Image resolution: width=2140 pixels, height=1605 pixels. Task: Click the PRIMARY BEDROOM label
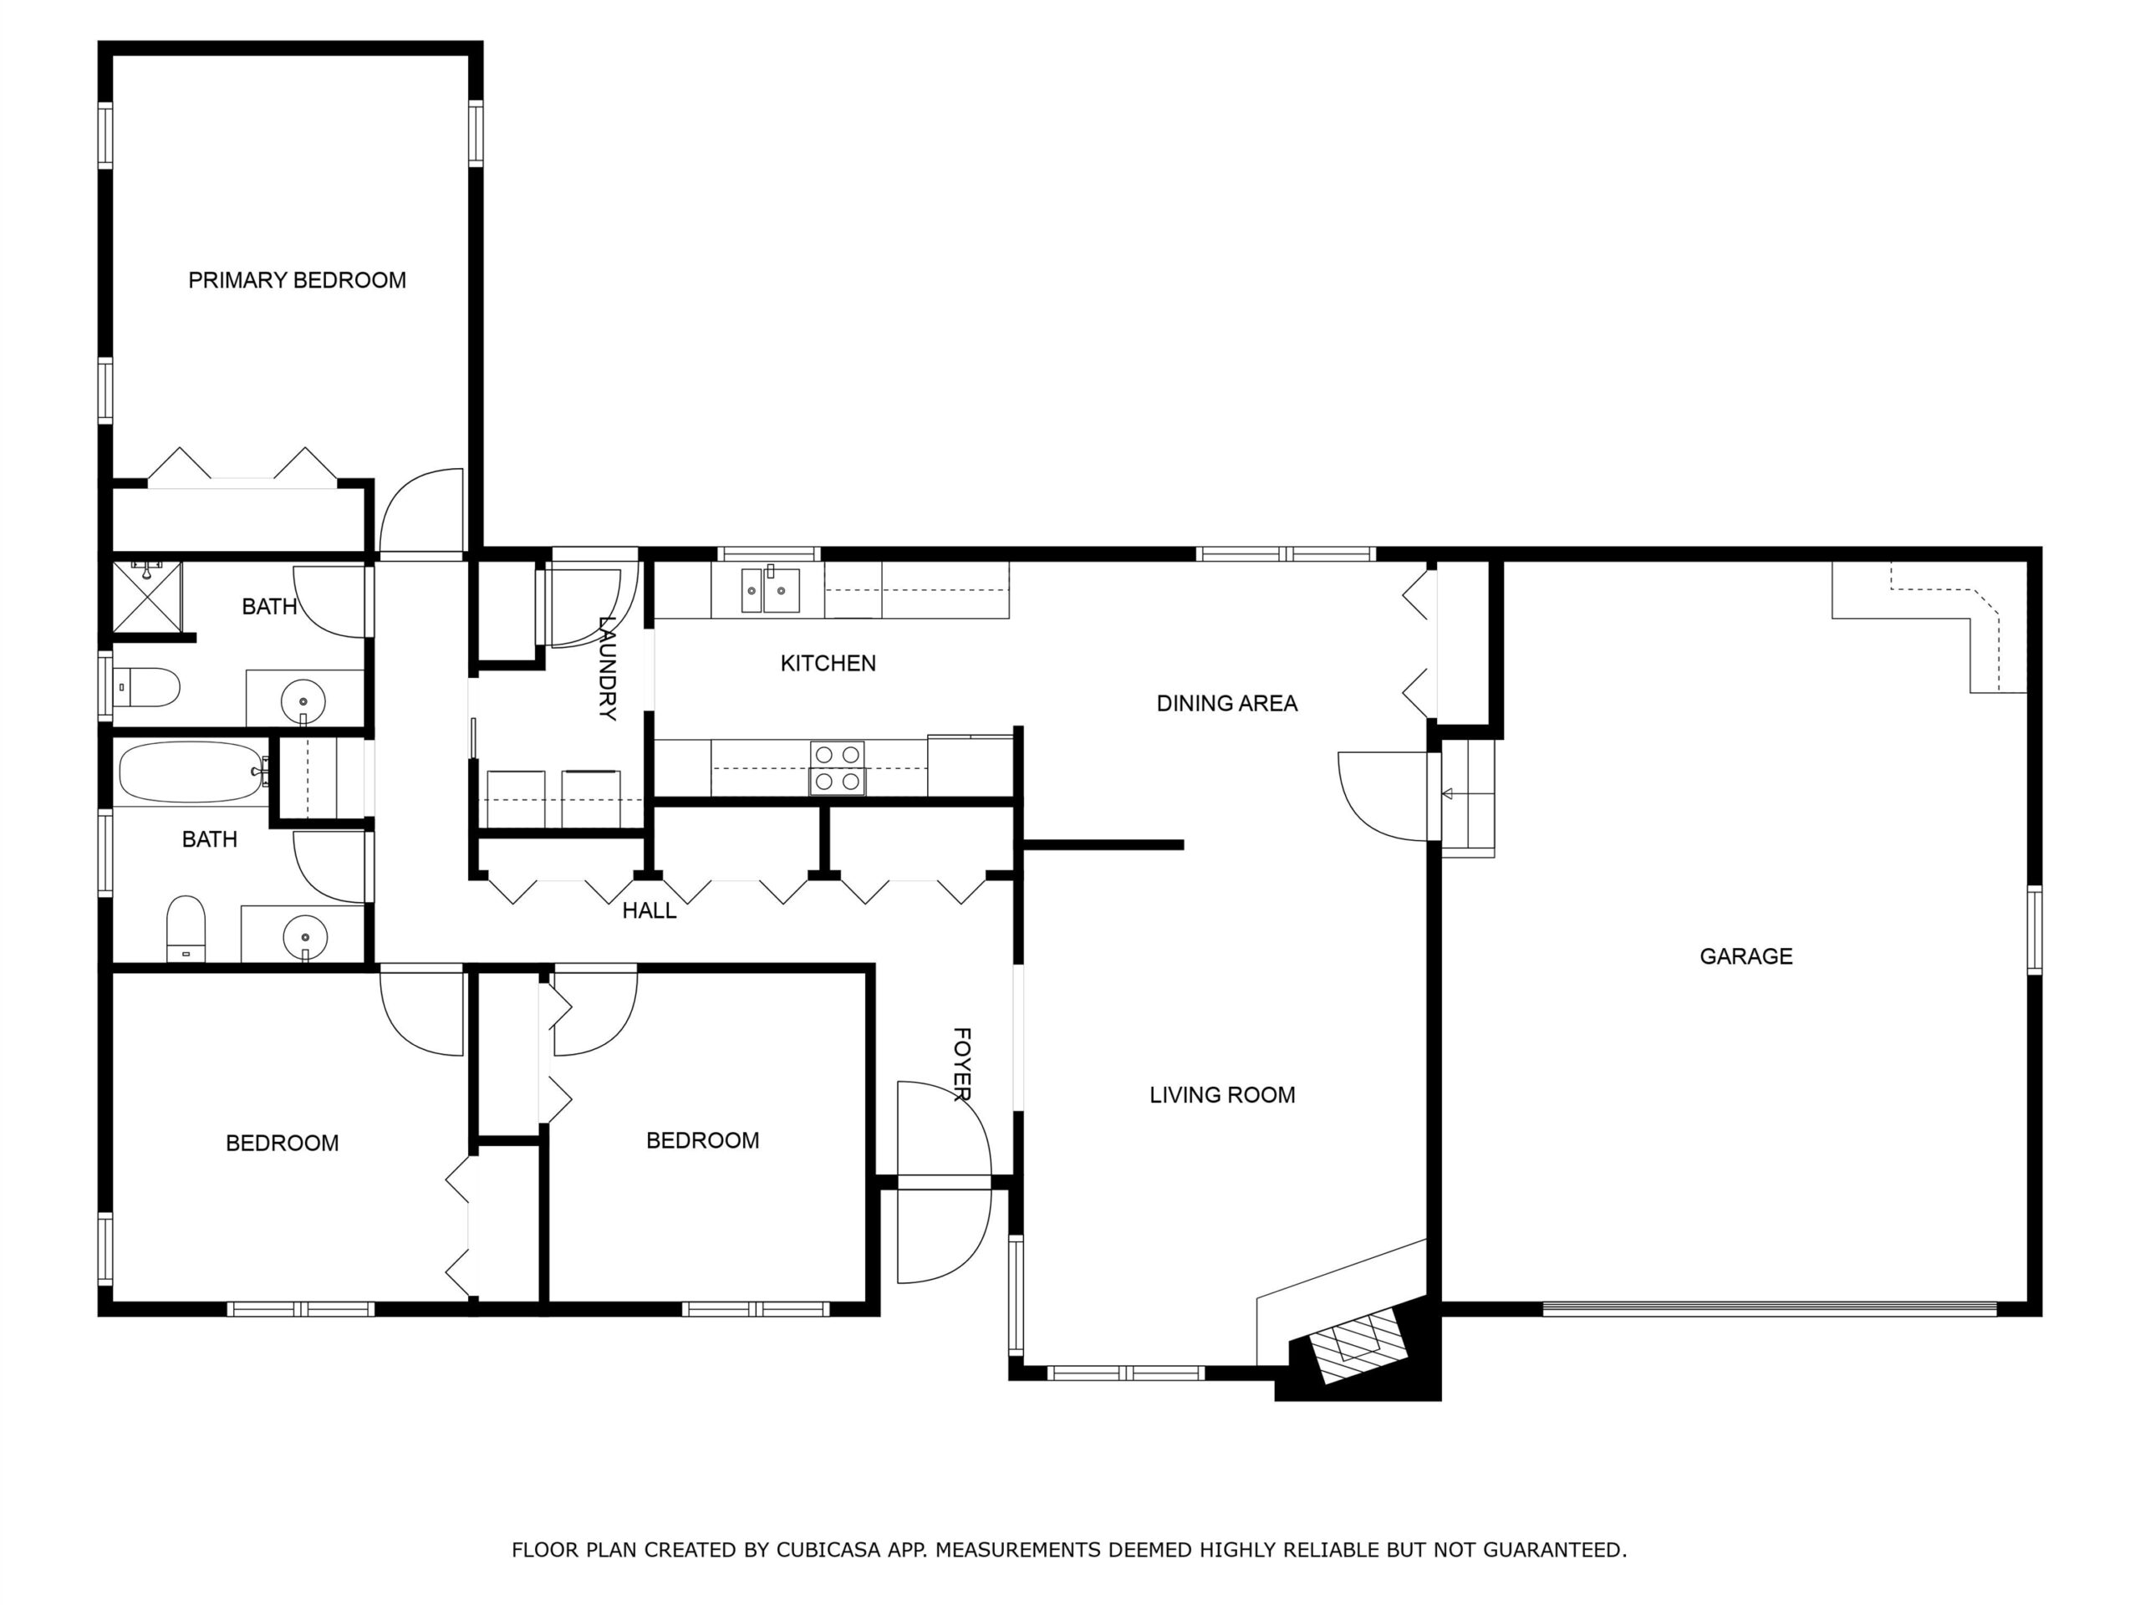tap(297, 281)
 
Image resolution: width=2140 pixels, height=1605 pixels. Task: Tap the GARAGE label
tap(1746, 957)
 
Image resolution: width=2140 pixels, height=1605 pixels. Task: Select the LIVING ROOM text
tap(1222, 1095)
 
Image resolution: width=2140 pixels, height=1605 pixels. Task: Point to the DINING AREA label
tap(1226, 703)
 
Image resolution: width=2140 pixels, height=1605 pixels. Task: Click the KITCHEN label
tap(828, 664)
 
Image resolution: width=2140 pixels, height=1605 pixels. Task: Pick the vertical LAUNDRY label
tap(608, 669)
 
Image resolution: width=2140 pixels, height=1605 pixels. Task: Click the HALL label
tap(650, 910)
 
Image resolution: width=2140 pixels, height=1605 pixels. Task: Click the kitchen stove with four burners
tap(837, 768)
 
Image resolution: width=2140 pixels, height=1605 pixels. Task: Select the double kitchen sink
tap(770, 589)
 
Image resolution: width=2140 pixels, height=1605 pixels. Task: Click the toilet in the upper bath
tap(147, 688)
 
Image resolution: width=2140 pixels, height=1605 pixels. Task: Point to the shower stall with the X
tap(147, 596)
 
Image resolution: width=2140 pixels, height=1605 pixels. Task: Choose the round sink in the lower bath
tap(306, 937)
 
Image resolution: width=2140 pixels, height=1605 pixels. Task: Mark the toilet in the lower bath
tap(186, 929)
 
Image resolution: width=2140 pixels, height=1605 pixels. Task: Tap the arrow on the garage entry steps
tap(1450, 794)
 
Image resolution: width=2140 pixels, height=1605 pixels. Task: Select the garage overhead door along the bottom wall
tap(1770, 1309)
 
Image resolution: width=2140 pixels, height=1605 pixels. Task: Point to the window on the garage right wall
tap(2034, 930)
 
